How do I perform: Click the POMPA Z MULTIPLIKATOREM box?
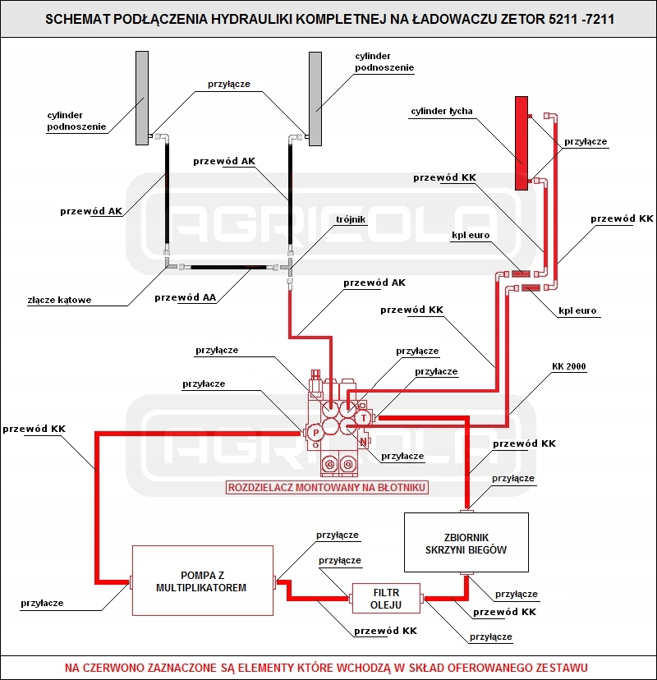(x=202, y=581)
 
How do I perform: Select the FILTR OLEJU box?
(x=386, y=599)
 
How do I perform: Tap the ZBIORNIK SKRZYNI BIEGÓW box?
(x=466, y=542)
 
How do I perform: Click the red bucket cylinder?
(x=521, y=142)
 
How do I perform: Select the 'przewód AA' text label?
(x=185, y=297)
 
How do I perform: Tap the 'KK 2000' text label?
(x=569, y=366)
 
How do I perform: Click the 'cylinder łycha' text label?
(x=442, y=111)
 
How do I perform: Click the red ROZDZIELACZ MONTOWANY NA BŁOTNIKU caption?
(x=328, y=487)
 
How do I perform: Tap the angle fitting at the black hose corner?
(x=167, y=264)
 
